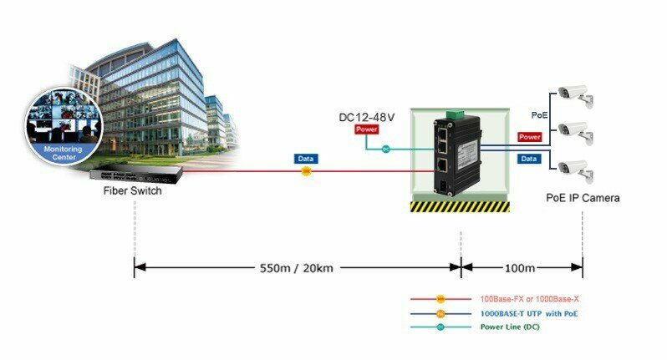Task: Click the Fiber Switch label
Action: (133, 191)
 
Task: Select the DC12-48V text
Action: (367, 117)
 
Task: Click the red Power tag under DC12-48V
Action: (367, 130)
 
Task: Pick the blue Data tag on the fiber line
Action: (307, 158)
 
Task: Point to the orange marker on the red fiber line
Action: (307, 170)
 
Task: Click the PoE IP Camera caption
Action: (582, 199)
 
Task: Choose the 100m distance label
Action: (521, 269)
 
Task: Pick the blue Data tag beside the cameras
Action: (529, 158)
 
